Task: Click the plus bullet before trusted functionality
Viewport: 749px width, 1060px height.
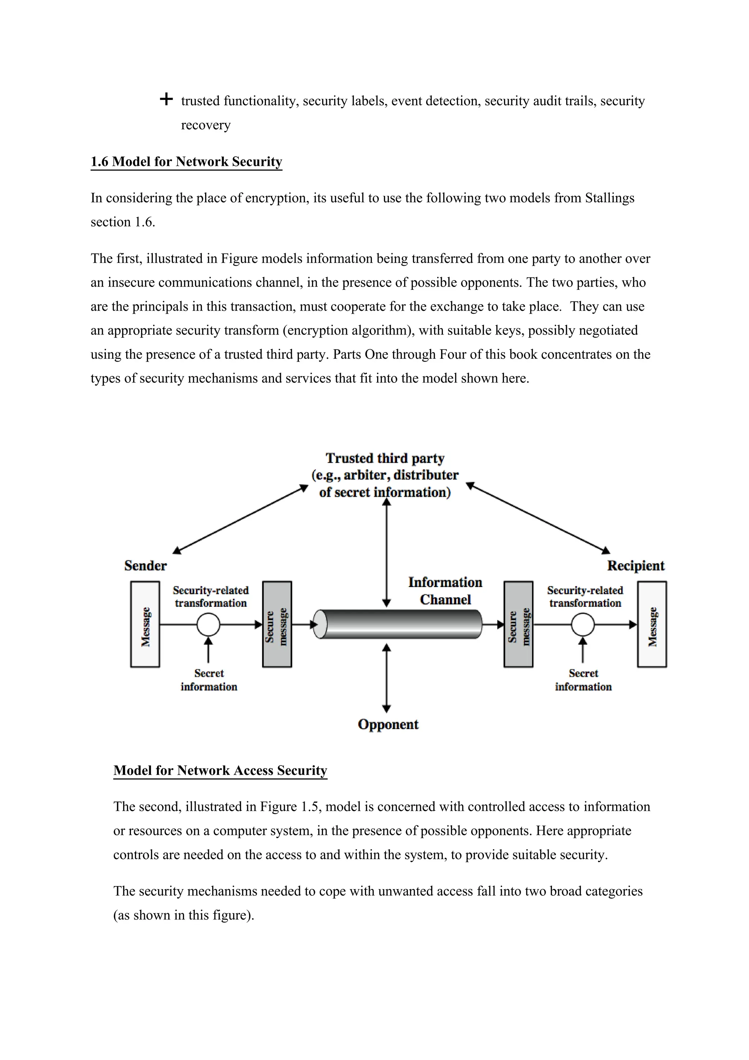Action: tap(166, 99)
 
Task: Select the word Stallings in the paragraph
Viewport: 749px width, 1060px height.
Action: tap(609, 198)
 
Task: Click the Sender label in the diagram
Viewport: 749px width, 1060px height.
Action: tap(145, 566)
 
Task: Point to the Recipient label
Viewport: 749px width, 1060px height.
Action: tap(635, 566)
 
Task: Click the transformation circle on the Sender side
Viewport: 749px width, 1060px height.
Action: tap(208, 625)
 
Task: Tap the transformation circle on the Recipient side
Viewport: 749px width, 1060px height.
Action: tap(583, 625)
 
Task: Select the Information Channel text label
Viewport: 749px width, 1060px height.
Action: tap(445, 591)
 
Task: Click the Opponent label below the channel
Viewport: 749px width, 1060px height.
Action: tap(388, 724)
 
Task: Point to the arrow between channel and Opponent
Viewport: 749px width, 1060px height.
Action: tap(387, 678)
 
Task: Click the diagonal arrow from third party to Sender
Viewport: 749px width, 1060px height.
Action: tap(240, 519)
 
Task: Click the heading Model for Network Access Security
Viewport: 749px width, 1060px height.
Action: tap(220, 770)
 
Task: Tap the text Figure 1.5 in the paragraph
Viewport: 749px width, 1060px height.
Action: tap(289, 807)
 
